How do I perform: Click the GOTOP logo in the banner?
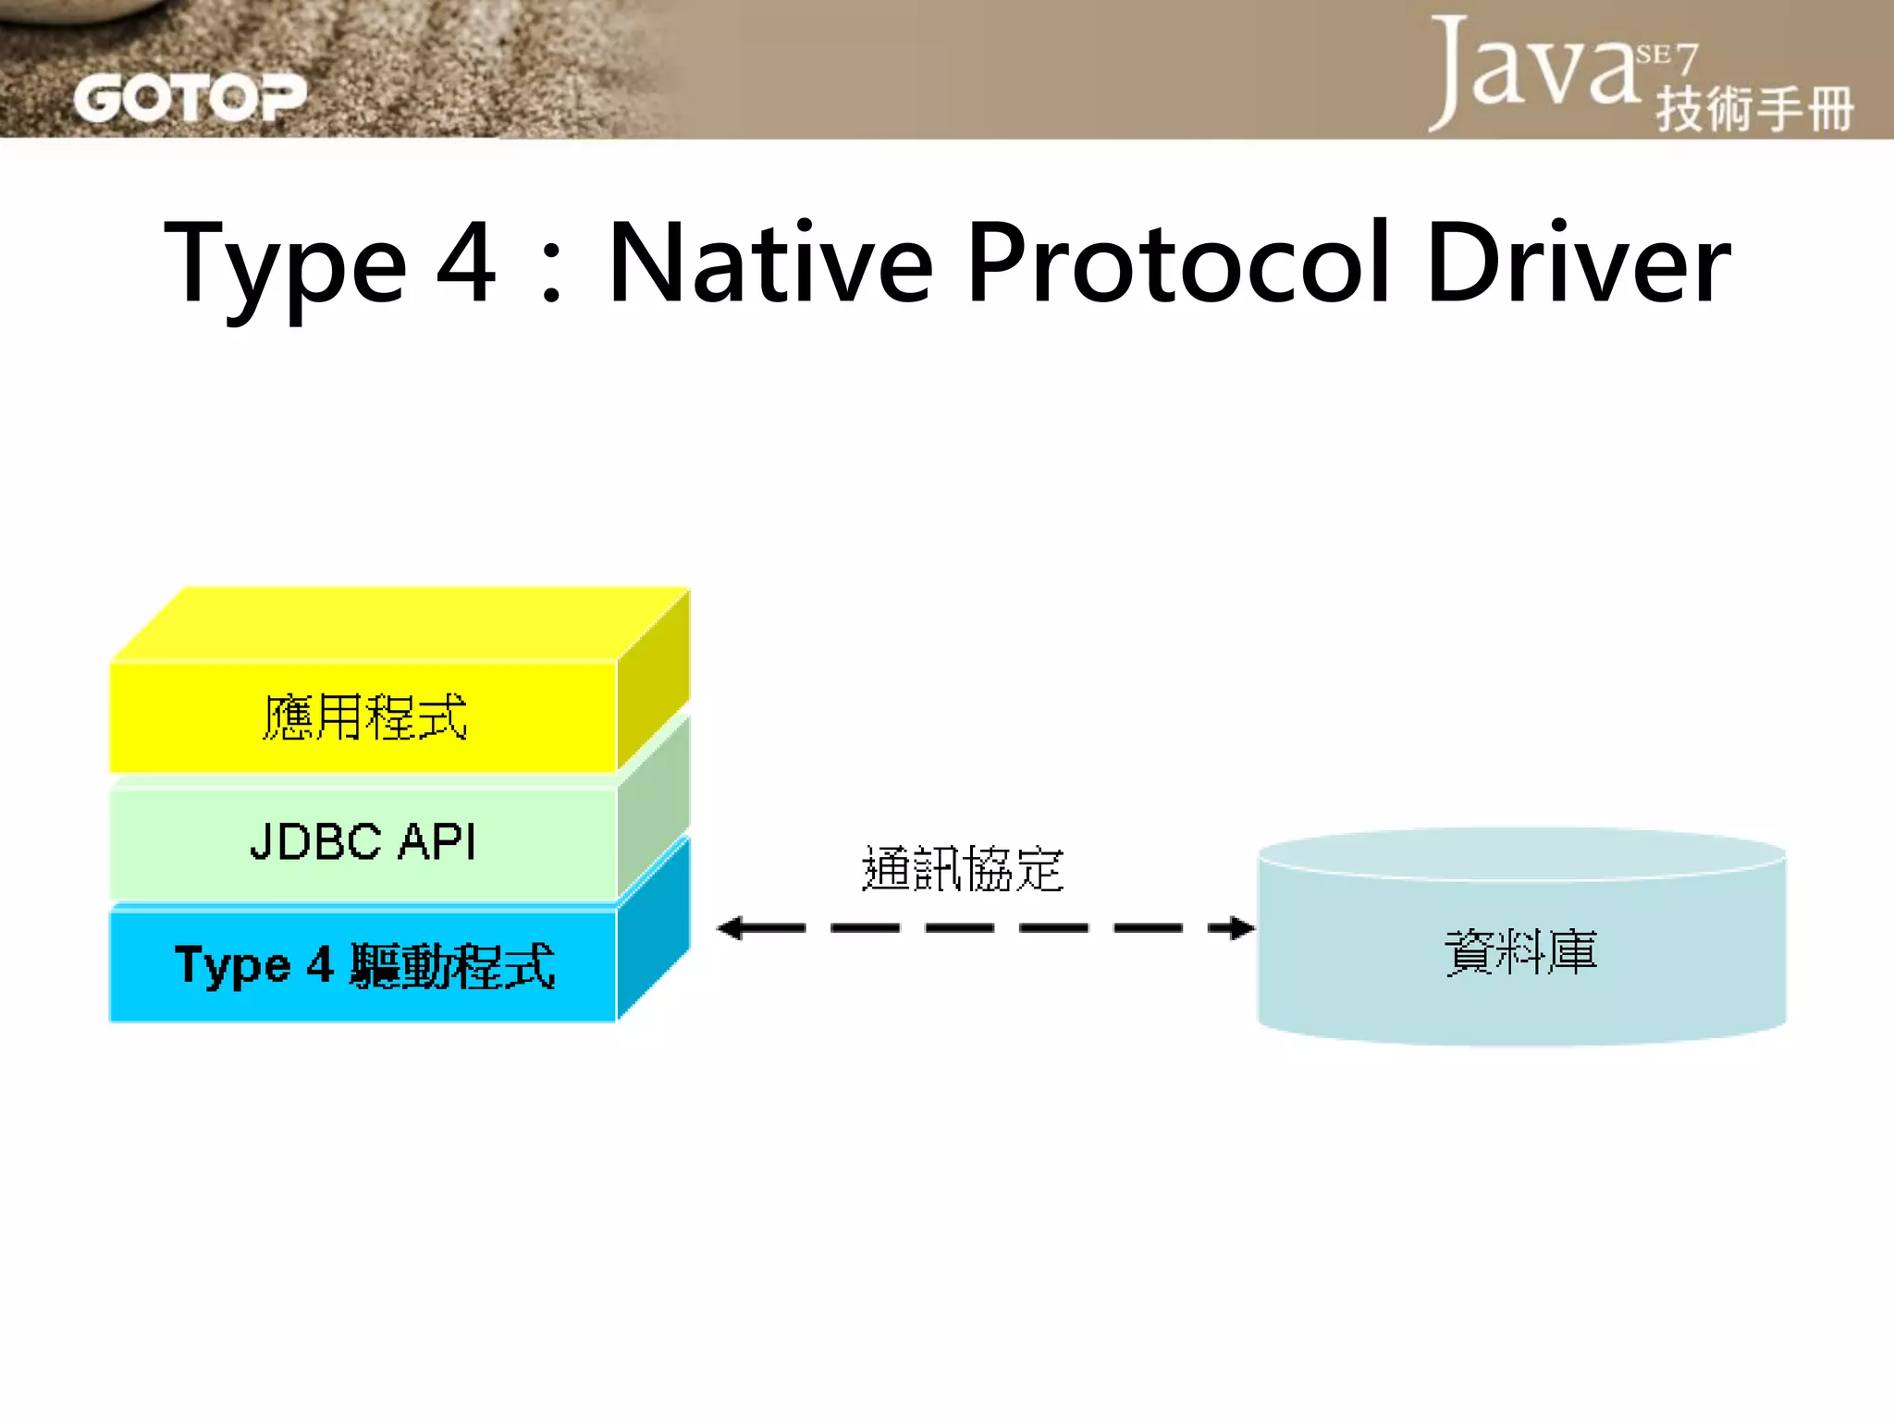click(190, 98)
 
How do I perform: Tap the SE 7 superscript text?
click(1666, 57)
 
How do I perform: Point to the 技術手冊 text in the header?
click(1754, 109)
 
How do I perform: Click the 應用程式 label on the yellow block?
click(364, 717)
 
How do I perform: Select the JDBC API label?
click(363, 842)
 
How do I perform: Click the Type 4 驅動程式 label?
click(364, 966)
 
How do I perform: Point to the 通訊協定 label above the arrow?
click(963, 869)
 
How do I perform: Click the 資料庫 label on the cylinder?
click(1521, 952)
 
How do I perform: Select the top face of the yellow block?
click(400, 623)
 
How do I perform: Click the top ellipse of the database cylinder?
click(1521, 852)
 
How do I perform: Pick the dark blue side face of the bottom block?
click(653, 928)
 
